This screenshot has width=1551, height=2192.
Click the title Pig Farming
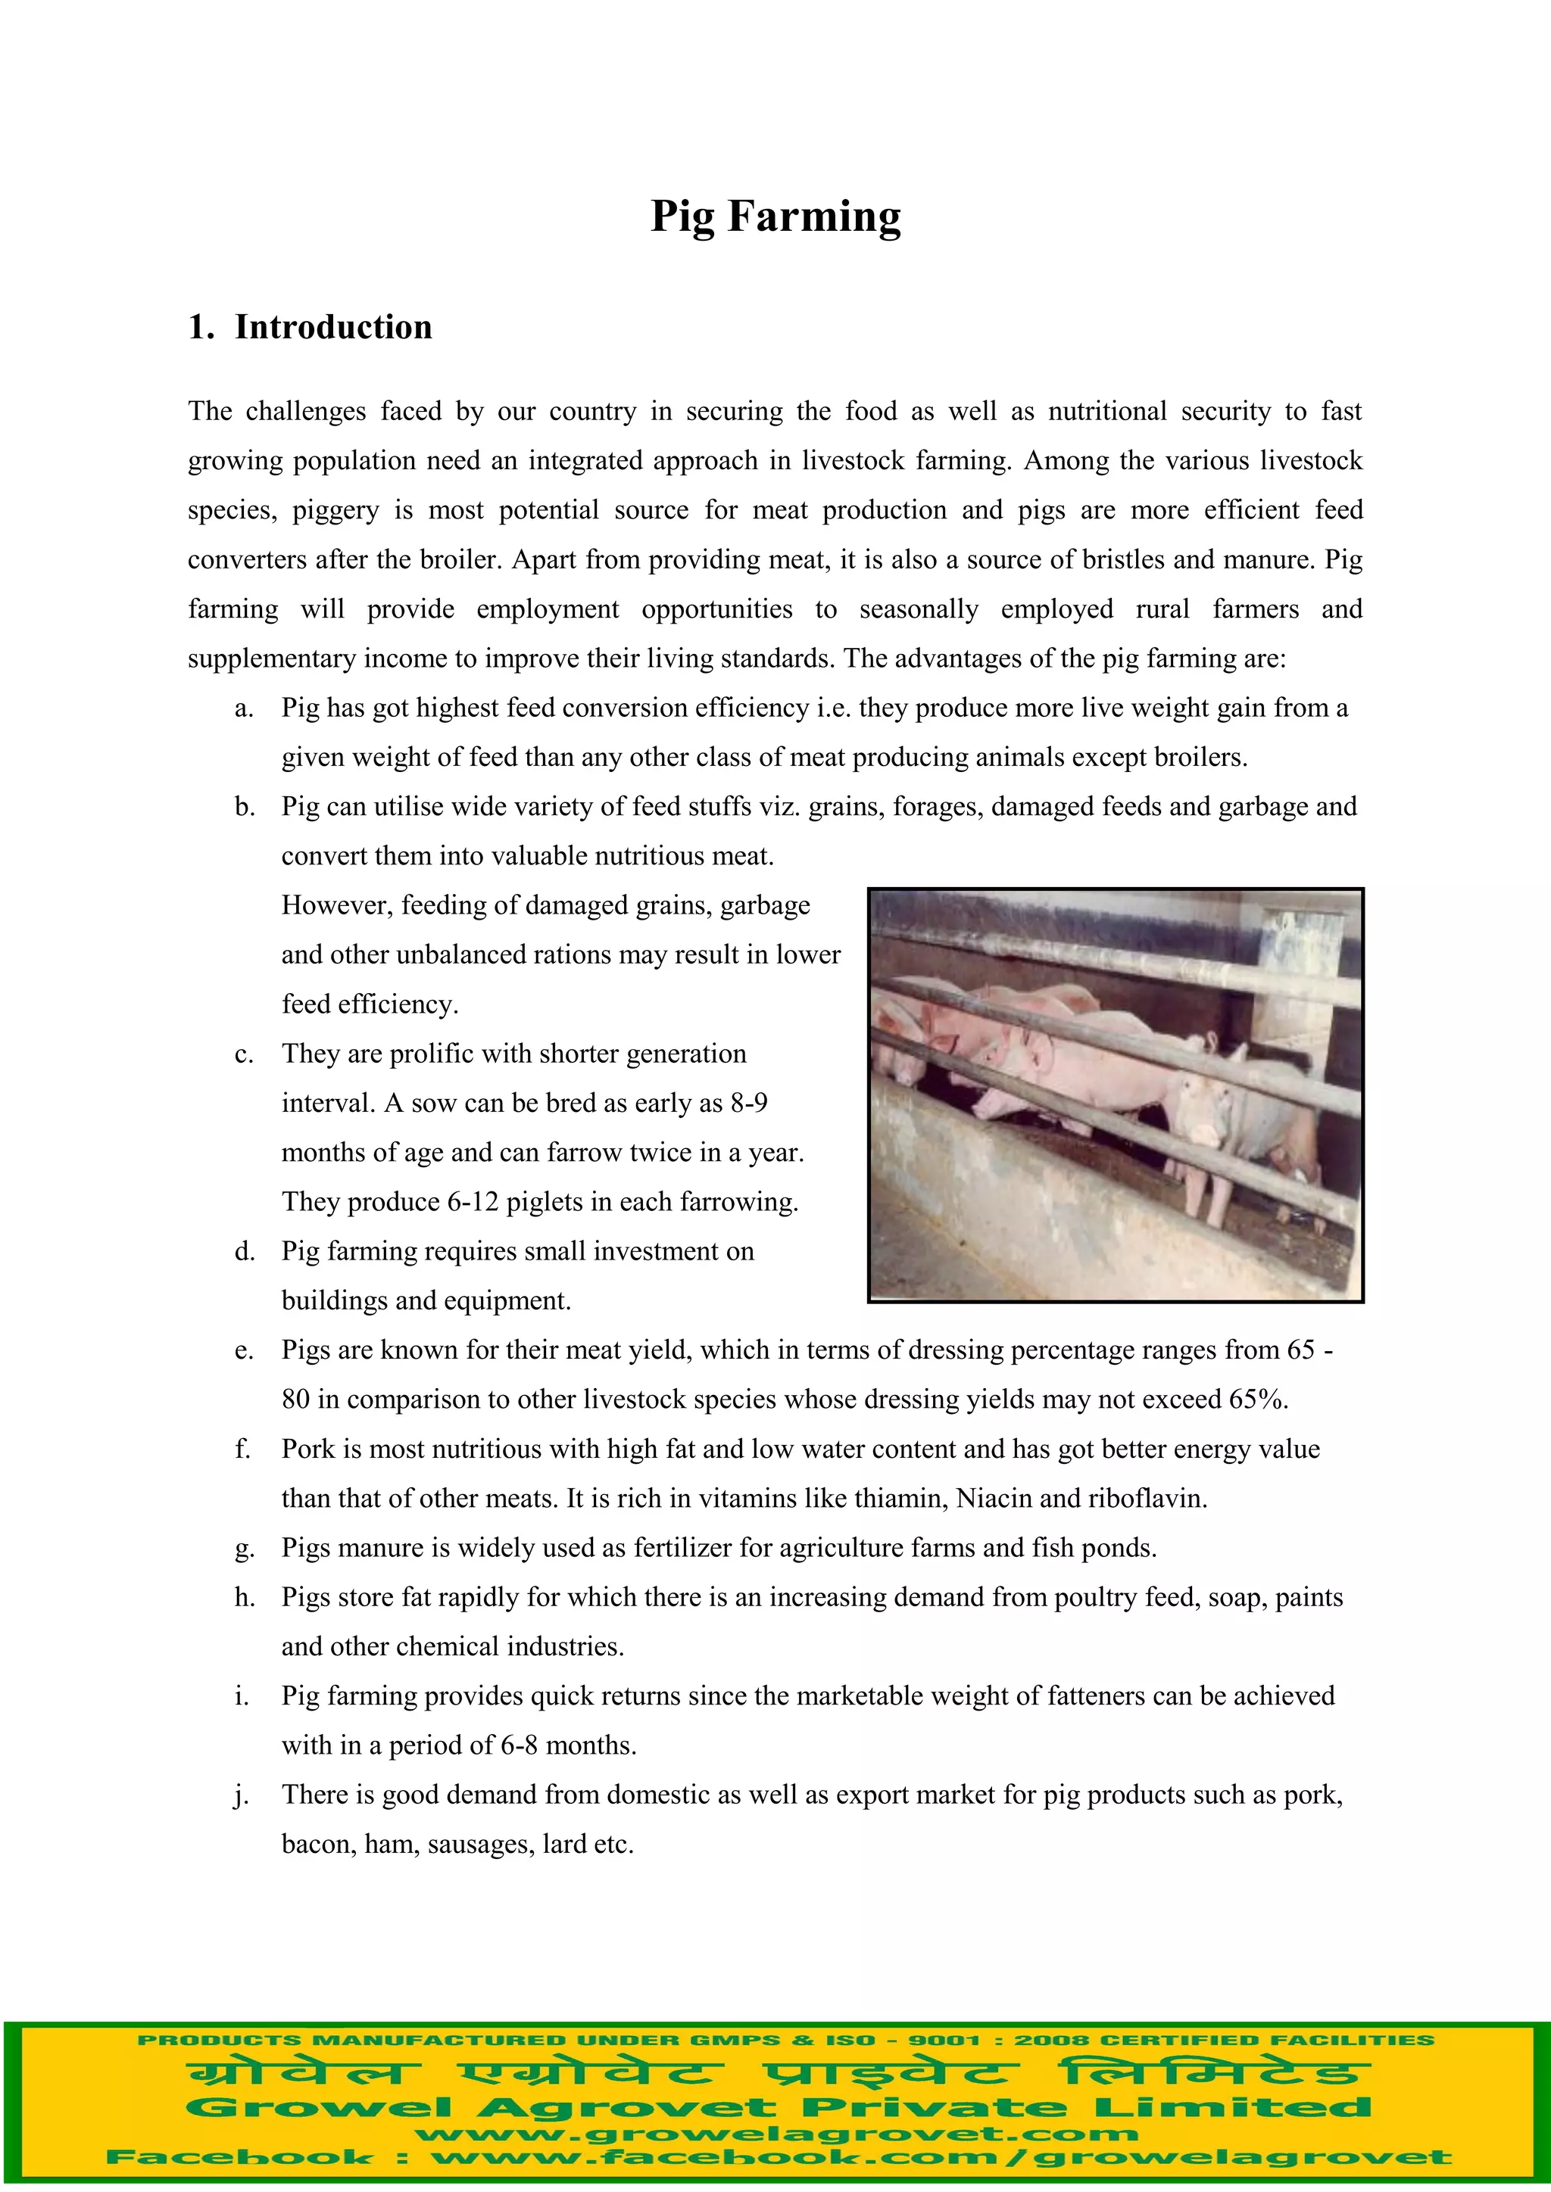point(775,216)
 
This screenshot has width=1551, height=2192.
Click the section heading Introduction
point(332,328)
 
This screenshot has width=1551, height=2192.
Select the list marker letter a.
point(244,708)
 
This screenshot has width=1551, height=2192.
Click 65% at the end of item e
point(1258,1400)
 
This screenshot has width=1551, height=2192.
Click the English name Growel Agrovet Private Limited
point(778,2107)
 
